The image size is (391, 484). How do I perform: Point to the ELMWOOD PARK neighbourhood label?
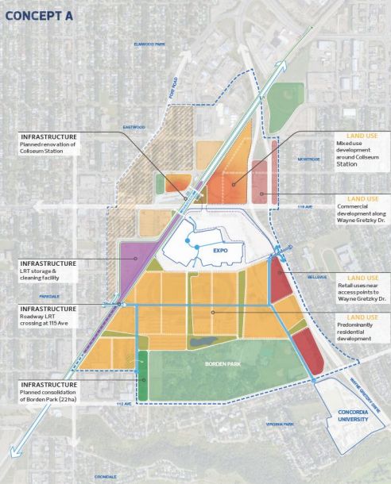[149, 44]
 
